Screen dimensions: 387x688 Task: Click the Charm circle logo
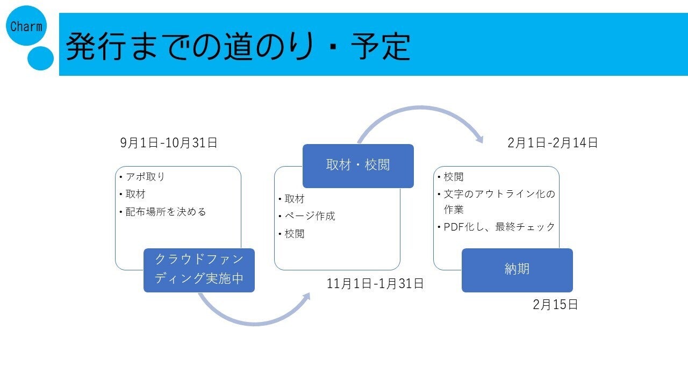point(26,25)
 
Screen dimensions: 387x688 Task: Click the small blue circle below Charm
point(40,58)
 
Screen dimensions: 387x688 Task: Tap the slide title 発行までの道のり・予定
point(238,46)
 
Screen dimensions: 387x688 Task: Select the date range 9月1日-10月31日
point(169,143)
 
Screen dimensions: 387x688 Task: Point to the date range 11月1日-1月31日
point(375,284)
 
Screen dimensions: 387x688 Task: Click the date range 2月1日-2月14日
point(553,143)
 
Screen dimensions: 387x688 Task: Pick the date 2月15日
point(555,305)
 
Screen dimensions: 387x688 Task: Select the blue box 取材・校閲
point(358,166)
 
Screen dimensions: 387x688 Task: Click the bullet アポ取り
point(145,177)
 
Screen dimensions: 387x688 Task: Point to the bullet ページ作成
point(310,216)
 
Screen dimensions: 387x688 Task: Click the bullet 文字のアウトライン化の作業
point(499,201)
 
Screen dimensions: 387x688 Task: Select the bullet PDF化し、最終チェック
point(499,227)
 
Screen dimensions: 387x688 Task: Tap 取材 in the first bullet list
point(135,194)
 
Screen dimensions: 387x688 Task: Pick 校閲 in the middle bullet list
point(295,234)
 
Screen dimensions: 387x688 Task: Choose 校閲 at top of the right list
point(454,177)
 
